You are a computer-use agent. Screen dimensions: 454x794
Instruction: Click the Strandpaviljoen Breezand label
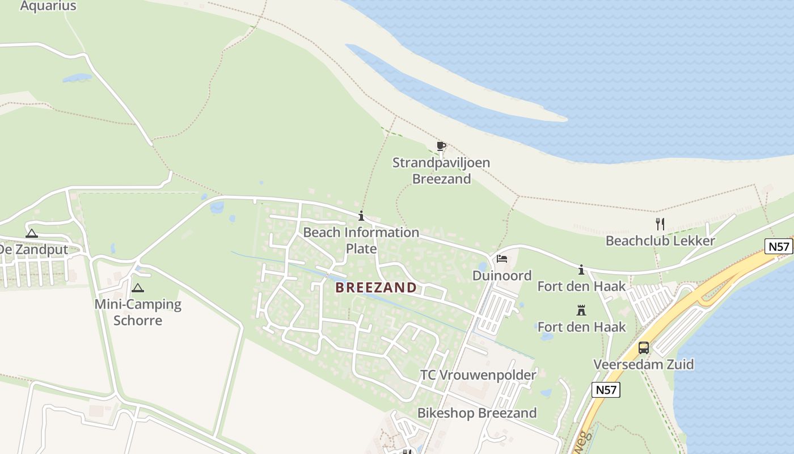(441, 171)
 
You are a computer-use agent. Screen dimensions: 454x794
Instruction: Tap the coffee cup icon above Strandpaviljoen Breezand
(441, 146)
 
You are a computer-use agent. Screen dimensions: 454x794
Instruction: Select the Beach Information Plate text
(361, 240)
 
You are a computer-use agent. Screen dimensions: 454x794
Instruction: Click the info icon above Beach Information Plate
(361, 216)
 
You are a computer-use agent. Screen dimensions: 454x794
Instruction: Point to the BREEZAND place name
(376, 288)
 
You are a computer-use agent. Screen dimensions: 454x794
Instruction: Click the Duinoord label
(502, 276)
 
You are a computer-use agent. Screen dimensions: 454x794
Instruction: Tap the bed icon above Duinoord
(502, 259)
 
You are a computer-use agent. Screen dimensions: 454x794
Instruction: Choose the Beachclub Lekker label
(660, 241)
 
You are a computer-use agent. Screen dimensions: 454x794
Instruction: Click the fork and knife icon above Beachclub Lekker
(660, 224)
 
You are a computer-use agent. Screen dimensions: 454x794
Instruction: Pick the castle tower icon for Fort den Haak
(581, 310)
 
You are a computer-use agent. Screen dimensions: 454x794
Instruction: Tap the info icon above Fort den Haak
(581, 270)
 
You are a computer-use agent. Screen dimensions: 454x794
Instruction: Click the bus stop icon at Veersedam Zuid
(644, 347)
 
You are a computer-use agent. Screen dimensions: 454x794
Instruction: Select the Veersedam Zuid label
(644, 364)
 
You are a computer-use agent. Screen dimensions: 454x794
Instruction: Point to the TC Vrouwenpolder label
(478, 375)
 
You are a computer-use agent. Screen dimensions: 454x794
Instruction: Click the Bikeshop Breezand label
(477, 413)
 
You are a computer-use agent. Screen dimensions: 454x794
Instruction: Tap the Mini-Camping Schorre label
(138, 312)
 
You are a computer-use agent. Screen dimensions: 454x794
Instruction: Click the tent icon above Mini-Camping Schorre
(138, 288)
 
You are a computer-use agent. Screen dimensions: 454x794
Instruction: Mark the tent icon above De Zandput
(32, 233)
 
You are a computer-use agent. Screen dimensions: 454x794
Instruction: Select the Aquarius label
(48, 6)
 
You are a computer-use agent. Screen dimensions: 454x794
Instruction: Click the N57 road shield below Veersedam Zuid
(606, 390)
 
